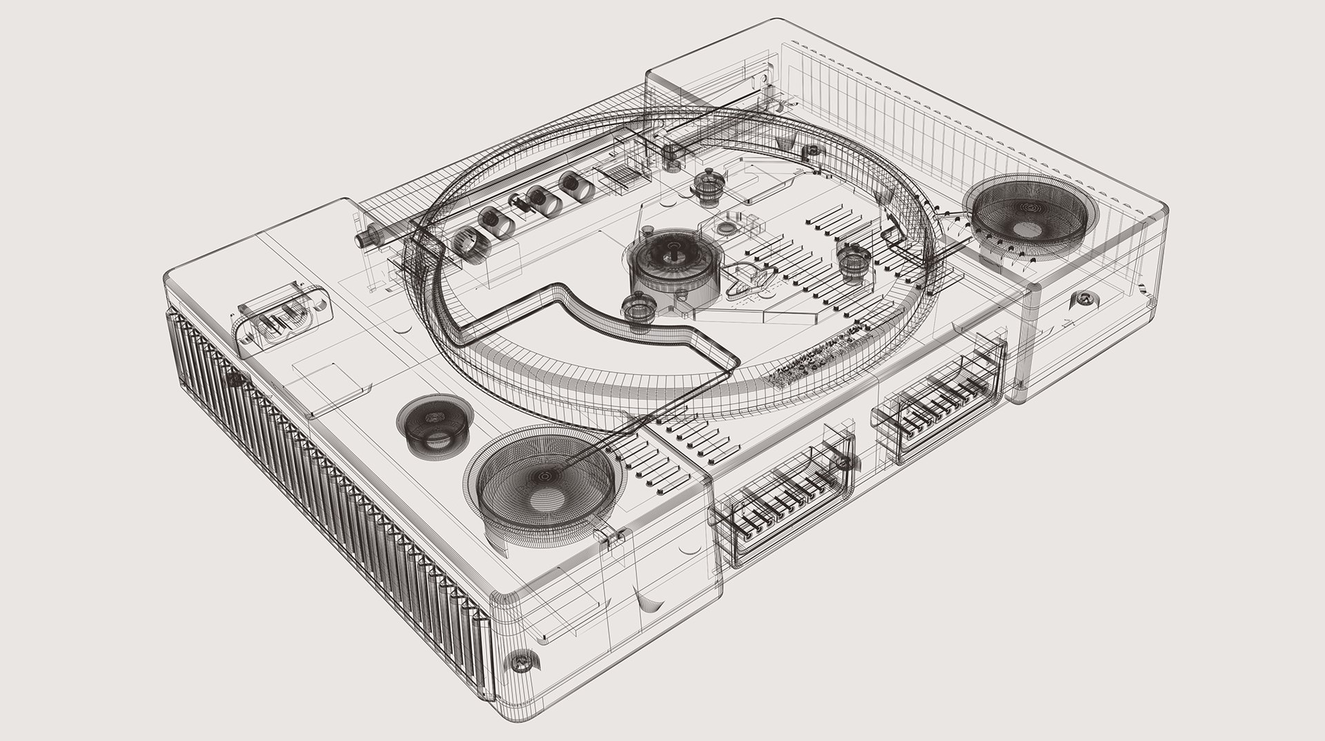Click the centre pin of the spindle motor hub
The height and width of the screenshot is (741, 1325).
671,256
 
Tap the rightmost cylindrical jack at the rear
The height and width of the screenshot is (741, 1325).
573,185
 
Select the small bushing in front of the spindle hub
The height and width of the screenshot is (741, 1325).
637,309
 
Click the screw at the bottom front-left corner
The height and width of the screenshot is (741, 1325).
519,663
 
